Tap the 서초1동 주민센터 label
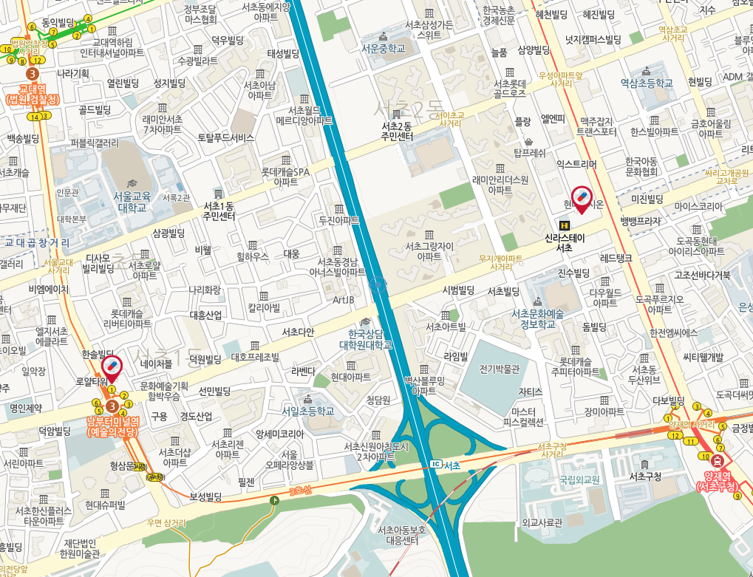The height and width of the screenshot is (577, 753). [219, 211]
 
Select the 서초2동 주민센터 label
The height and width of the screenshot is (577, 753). [397, 131]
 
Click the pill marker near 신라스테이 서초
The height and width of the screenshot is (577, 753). [582, 197]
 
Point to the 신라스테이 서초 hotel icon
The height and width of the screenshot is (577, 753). [565, 225]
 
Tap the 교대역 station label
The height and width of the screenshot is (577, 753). [32, 93]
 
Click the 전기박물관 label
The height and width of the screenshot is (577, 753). [500, 369]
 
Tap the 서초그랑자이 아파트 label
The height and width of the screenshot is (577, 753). [424, 251]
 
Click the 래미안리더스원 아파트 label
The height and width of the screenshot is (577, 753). [500, 184]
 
